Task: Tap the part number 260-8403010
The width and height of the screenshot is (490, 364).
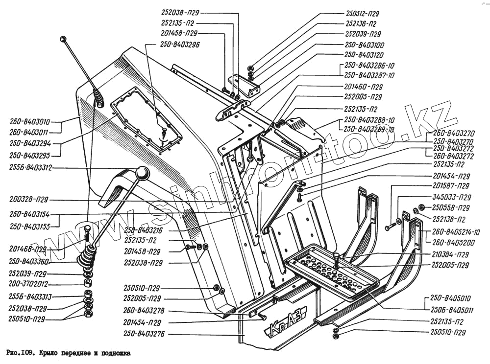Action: (x=30, y=122)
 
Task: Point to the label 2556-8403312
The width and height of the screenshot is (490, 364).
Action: (x=30, y=168)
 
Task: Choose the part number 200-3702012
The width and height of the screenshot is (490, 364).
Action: (x=28, y=284)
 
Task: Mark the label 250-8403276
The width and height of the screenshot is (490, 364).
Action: (x=143, y=335)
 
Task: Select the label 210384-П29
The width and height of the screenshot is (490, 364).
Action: (x=451, y=254)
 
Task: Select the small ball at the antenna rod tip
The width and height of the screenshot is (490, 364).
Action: (x=63, y=39)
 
